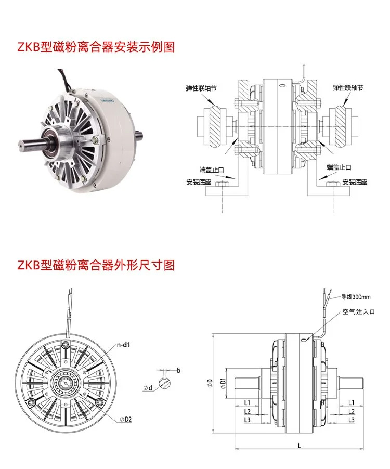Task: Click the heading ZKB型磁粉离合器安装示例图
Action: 96,47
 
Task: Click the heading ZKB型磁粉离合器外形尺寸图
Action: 96,265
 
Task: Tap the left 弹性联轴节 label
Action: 201,88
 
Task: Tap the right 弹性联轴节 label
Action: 348,88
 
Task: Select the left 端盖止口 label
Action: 212,170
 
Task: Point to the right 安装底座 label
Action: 355,182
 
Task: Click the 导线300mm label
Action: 356,297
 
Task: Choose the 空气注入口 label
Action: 359,311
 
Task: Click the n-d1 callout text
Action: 124,345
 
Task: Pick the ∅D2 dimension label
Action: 126,420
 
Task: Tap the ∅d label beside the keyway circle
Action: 148,388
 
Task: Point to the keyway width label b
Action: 178,371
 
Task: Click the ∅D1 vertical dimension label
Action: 223,383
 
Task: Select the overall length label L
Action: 300,446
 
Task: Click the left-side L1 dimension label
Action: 247,402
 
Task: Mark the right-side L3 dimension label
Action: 352,420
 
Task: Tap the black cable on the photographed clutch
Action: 64,79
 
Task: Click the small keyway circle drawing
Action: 165,383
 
